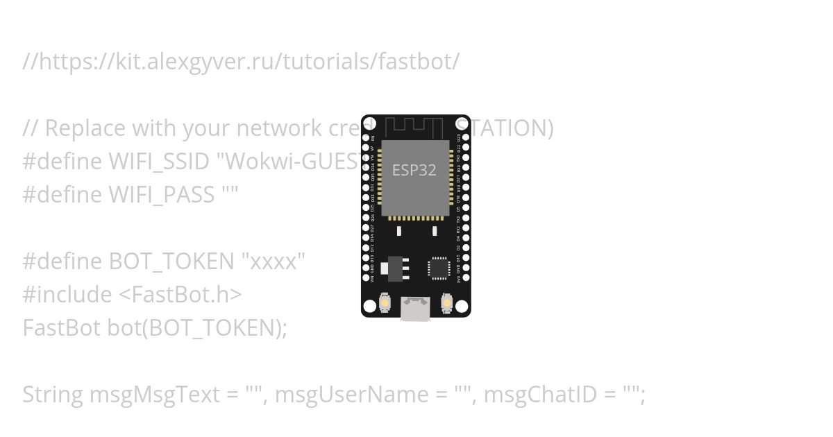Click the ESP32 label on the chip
click(x=414, y=170)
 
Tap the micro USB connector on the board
click(x=415, y=309)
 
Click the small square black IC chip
click(x=439, y=268)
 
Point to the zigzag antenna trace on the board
click(x=414, y=127)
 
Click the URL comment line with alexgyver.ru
click(x=241, y=62)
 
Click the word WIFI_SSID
click(x=159, y=162)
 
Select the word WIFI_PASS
click(x=162, y=195)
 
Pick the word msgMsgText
click(x=154, y=395)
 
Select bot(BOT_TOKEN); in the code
click(x=197, y=328)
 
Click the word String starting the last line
click(x=53, y=395)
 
